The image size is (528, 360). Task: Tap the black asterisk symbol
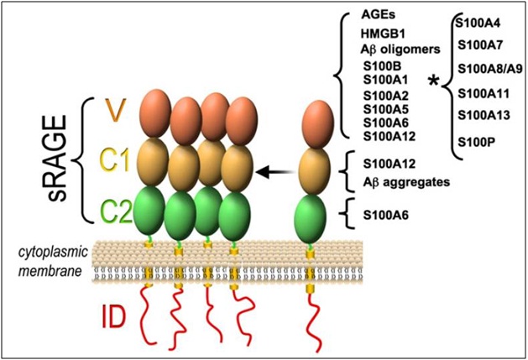coord(433,81)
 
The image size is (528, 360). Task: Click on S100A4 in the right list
coord(478,17)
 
